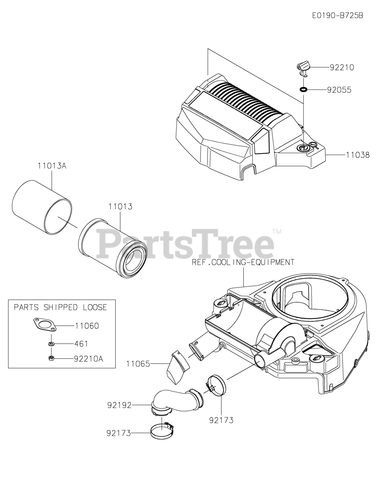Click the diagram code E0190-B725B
coord(337,16)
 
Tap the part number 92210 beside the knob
coord(342,67)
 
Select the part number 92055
coord(339,90)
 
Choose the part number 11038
coord(357,155)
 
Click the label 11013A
coord(52,166)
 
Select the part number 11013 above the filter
coord(121,207)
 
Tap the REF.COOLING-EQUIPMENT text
coord(243,262)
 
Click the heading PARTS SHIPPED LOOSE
coord(61,307)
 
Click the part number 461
coord(81,344)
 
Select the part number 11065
coord(138,364)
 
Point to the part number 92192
coord(119,405)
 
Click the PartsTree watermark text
coord(185,244)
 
